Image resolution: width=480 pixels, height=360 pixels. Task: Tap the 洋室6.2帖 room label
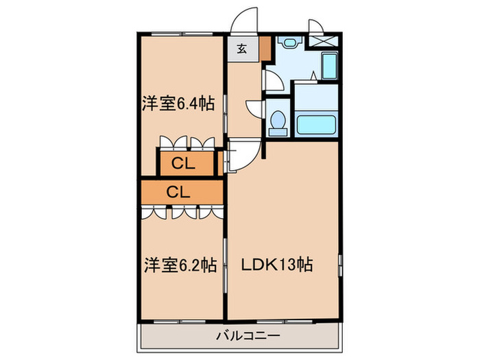point(180,265)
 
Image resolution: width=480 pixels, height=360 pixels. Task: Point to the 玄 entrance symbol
point(242,49)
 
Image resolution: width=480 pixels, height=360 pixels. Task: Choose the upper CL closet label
point(183,163)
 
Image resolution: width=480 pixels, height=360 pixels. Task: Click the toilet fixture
point(278,122)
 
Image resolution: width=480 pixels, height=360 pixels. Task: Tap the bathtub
point(316,126)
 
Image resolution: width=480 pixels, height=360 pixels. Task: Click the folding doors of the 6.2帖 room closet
point(182,212)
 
